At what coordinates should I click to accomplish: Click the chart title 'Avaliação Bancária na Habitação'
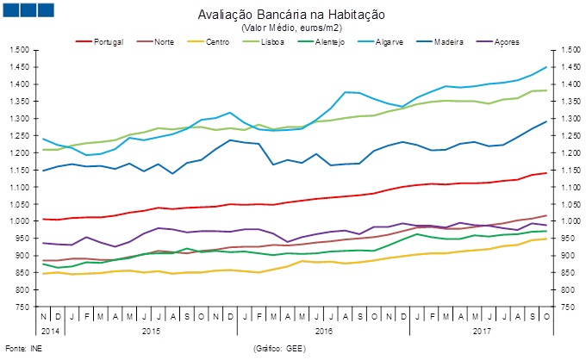tap(292, 15)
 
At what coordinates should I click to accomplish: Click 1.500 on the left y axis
tap(19, 50)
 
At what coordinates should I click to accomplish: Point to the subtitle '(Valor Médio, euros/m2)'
tap(292, 28)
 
